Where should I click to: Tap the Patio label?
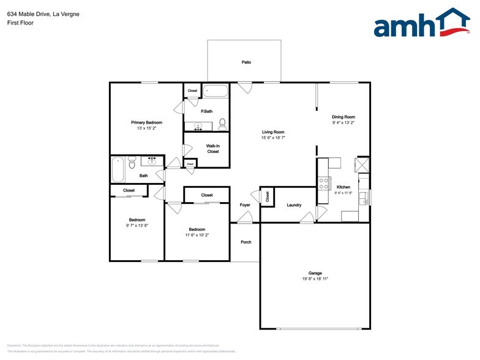click(x=246, y=62)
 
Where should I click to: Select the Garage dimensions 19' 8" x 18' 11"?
click(x=315, y=279)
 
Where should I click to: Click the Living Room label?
click(x=273, y=132)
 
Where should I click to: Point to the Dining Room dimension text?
click(x=343, y=122)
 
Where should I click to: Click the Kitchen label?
click(x=343, y=187)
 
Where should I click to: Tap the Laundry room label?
click(x=294, y=204)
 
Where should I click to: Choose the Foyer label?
click(x=245, y=205)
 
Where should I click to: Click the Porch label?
click(x=246, y=242)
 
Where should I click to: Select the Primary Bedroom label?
click(x=146, y=122)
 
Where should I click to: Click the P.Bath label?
click(x=206, y=111)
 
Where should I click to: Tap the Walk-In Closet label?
click(x=212, y=148)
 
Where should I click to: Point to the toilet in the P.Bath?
click(x=222, y=124)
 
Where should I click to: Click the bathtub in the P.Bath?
click(x=215, y=92)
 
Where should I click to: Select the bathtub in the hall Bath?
click(x=118, y=169)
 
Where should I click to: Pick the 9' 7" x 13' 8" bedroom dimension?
click(x=137, y=225)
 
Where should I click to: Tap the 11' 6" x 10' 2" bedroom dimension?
click(x=197, y=234)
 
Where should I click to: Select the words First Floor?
click(x=21, y=23)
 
